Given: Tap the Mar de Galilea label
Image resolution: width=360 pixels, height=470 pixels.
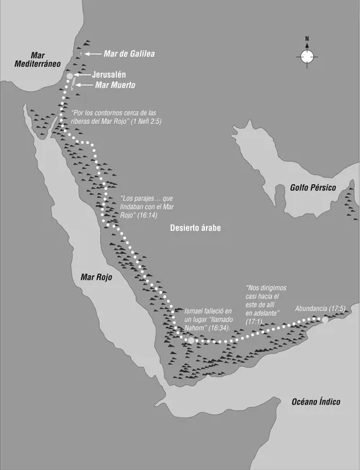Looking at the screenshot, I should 129,53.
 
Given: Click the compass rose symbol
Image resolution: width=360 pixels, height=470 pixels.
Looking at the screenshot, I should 307,56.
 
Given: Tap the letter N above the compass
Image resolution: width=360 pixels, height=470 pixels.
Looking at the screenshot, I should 307,40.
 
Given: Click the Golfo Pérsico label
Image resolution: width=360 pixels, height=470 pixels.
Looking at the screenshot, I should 314,186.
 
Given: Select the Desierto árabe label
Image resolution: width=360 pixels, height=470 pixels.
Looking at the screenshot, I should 196,227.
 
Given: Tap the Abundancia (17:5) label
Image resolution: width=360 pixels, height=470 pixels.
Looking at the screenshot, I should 320,309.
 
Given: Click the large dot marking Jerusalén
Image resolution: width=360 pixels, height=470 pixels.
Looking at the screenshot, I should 70,76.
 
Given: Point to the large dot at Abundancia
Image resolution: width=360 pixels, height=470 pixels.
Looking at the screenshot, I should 325,320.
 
